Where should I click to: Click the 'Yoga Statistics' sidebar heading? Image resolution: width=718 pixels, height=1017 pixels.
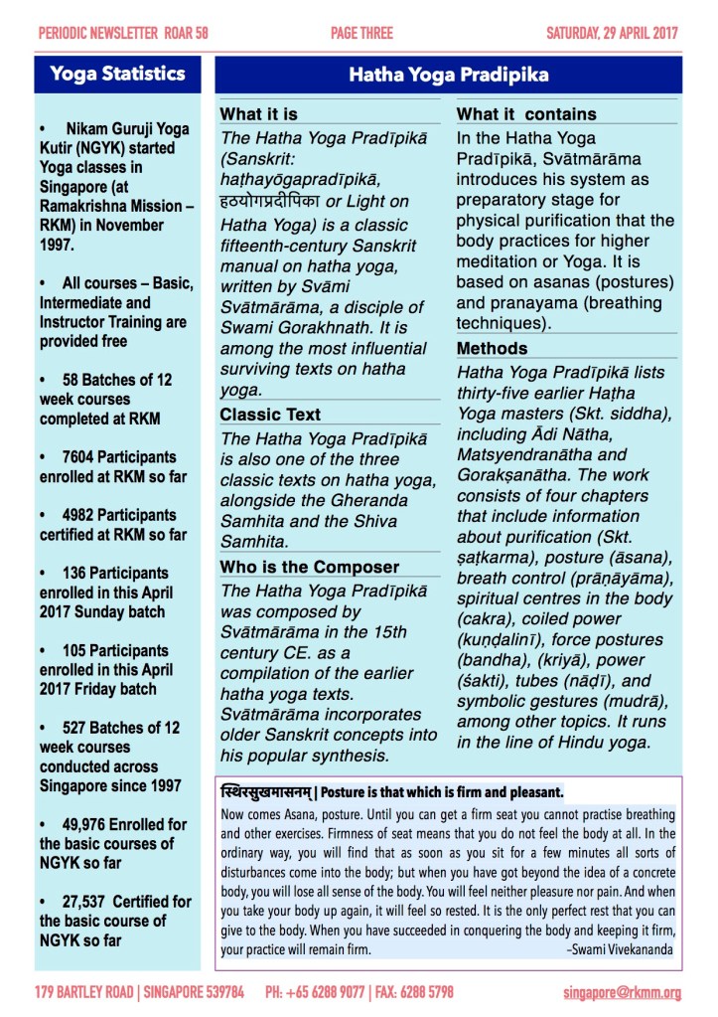[x=117, y=74]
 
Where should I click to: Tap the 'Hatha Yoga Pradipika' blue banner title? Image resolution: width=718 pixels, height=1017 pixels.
[x=449, y=75]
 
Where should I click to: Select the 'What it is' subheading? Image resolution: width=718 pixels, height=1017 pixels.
[x=258, y=114]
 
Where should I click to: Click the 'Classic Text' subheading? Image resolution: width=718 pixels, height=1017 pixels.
[x=270, y=415]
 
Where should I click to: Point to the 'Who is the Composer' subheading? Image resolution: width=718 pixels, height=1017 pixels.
[x=309, y=568]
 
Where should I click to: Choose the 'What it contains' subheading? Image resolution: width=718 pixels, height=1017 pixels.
[x=526, y=114]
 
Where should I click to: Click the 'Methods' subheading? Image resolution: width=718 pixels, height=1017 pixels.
[x=492, y=349]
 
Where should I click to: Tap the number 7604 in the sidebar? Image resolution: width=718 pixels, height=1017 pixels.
[x=82, y=457]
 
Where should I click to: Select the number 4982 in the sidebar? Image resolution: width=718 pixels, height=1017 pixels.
[x=82, y=515]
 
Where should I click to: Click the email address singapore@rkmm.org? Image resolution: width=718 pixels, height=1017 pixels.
[x=622, y=992]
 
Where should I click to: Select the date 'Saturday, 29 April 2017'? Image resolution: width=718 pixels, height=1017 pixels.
[x=612, y=33]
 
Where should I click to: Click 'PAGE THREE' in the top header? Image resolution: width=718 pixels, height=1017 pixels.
[x=361, y=33]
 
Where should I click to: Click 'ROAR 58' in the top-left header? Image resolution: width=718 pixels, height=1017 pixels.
[x=186, y=33]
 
